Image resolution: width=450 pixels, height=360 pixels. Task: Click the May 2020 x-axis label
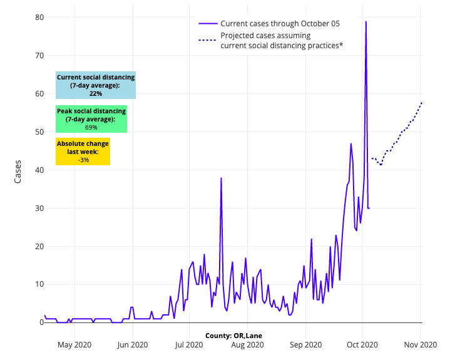[x=74, y=344]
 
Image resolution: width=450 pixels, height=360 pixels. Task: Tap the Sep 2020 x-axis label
[x=306, y=344]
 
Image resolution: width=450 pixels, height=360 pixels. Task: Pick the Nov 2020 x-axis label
[x=421, y=344]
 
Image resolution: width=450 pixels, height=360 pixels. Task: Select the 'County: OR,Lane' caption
[x=233, y=336]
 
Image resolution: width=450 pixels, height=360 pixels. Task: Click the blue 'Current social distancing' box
[x=96, y=85]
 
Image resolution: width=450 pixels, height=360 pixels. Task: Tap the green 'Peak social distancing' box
[x=91, y=119]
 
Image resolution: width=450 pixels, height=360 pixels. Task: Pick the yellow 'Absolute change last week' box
[x=83, y=152]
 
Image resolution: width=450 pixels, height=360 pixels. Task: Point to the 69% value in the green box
[x=91, y=127]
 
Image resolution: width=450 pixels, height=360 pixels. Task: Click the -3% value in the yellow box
[x=83, y=160]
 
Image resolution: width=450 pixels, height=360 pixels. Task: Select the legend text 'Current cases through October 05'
[x=280, y=24]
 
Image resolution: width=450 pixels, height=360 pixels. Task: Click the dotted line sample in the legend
[x=208, y=40]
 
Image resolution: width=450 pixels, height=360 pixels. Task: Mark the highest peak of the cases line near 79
[x=366, y=22]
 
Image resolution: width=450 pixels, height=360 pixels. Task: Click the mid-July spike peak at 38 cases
[x=221, y=178]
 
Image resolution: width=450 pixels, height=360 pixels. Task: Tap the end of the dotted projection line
[x=422, y=101]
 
